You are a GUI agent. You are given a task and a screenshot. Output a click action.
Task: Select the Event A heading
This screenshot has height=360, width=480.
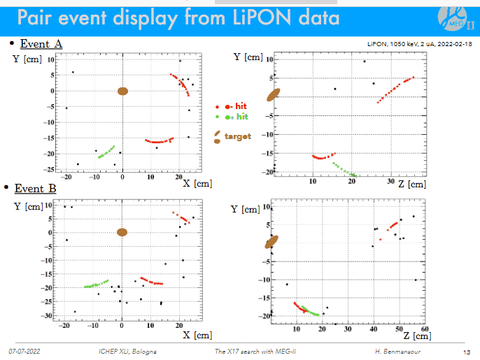[41, 44]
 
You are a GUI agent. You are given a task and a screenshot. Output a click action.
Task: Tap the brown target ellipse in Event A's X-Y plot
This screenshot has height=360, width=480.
[122, 91]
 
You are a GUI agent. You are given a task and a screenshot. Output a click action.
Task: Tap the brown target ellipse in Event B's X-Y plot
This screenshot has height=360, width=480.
[122, 232]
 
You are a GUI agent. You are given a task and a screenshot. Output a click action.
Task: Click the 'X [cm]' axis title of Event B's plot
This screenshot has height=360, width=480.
[197, 335]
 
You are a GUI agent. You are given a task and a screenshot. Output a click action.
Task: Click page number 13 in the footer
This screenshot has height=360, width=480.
[466, 351]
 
